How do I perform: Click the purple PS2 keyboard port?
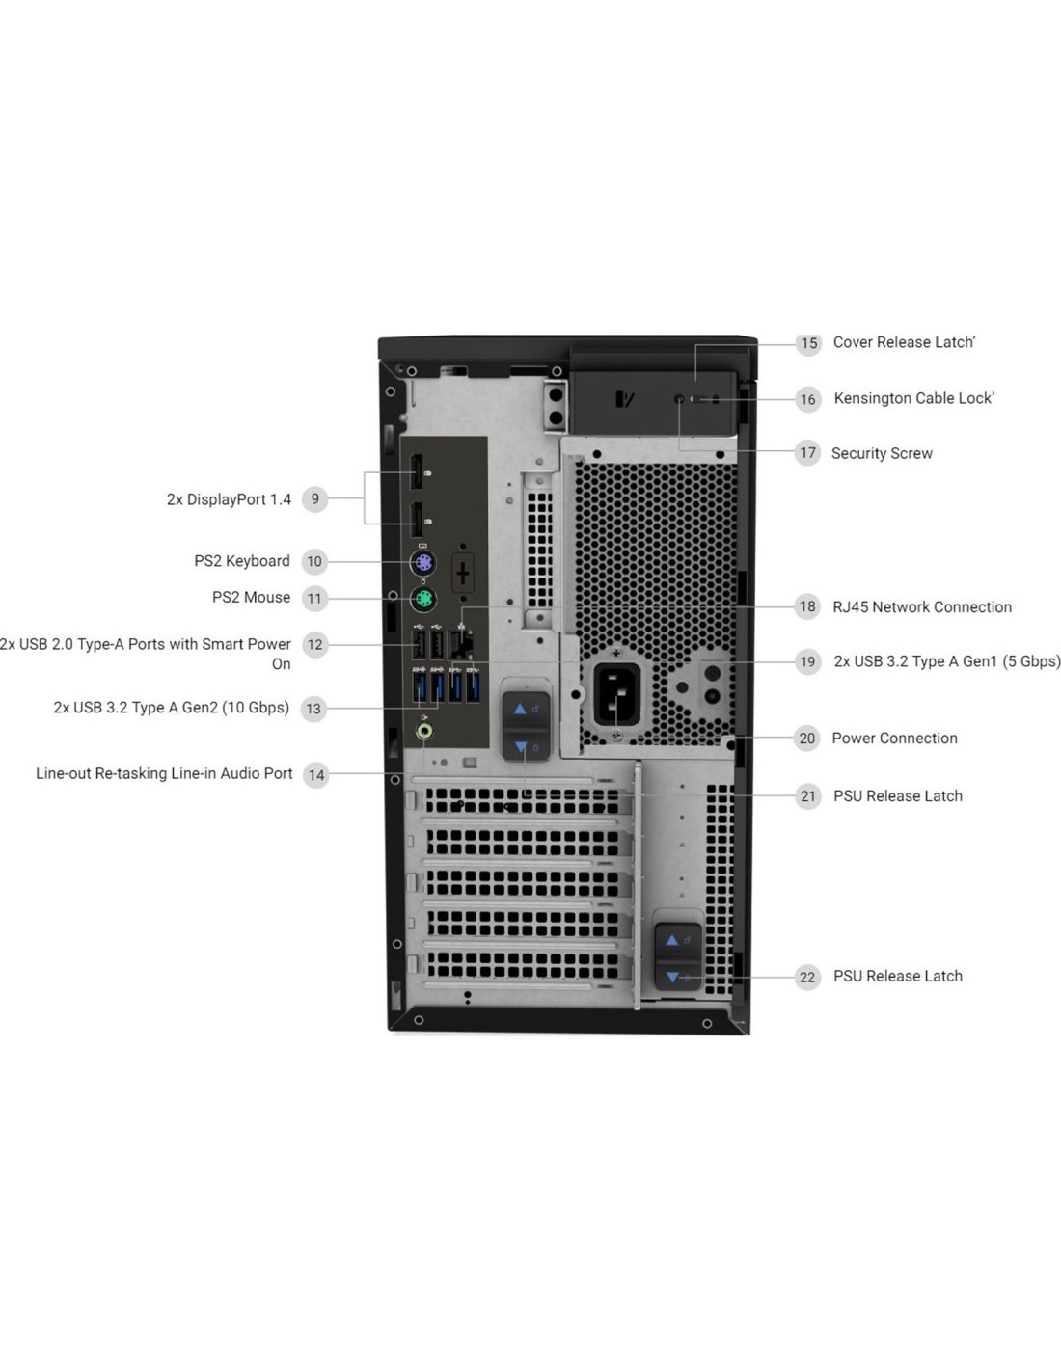[422, 561]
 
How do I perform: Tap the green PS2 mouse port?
[422, 599]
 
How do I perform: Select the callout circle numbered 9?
[315, 499]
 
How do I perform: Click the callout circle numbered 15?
[808, 343]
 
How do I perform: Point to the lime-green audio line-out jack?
[425, 731]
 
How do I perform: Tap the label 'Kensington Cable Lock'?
[913, 398]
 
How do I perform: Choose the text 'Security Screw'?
[882, 453]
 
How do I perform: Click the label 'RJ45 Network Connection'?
[921, 607]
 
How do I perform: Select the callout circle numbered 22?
[807, 978]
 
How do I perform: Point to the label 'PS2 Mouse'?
[251, 597]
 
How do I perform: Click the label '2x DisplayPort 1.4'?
[230, 499]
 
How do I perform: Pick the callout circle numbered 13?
[313, 709]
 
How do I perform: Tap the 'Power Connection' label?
[894, 739]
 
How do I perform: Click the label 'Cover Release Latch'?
[904, 342]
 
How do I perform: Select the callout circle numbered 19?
[807, 661]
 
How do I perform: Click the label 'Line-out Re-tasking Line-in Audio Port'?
[164, 773]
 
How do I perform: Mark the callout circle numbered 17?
[807, 452]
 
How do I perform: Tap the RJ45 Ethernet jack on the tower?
[460, 643]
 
